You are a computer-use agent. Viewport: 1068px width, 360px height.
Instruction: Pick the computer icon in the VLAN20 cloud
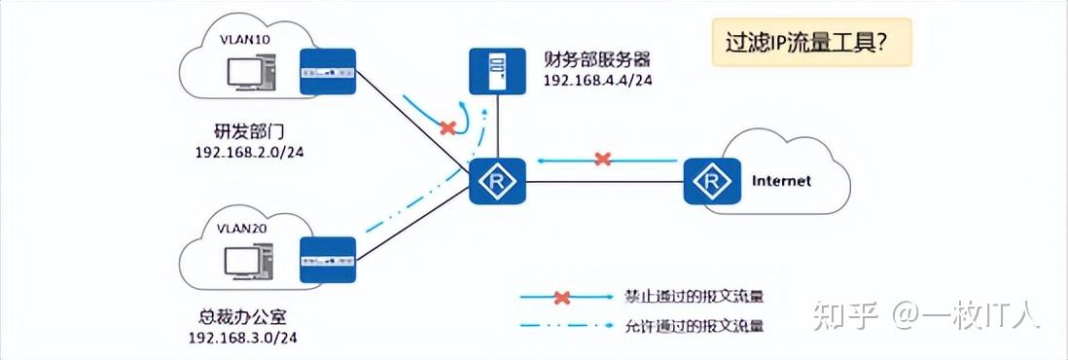tap(245, 261)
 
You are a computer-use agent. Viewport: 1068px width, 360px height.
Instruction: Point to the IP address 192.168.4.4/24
tap(596, 81)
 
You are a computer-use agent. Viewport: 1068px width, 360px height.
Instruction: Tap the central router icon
tap(497, 181)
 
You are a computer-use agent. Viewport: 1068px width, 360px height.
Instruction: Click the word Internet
tap(781, 181)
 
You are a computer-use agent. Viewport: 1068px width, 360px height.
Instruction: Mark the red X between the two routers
tap(603, 159)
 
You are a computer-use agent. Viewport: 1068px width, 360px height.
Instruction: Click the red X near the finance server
tap(448, 127)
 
